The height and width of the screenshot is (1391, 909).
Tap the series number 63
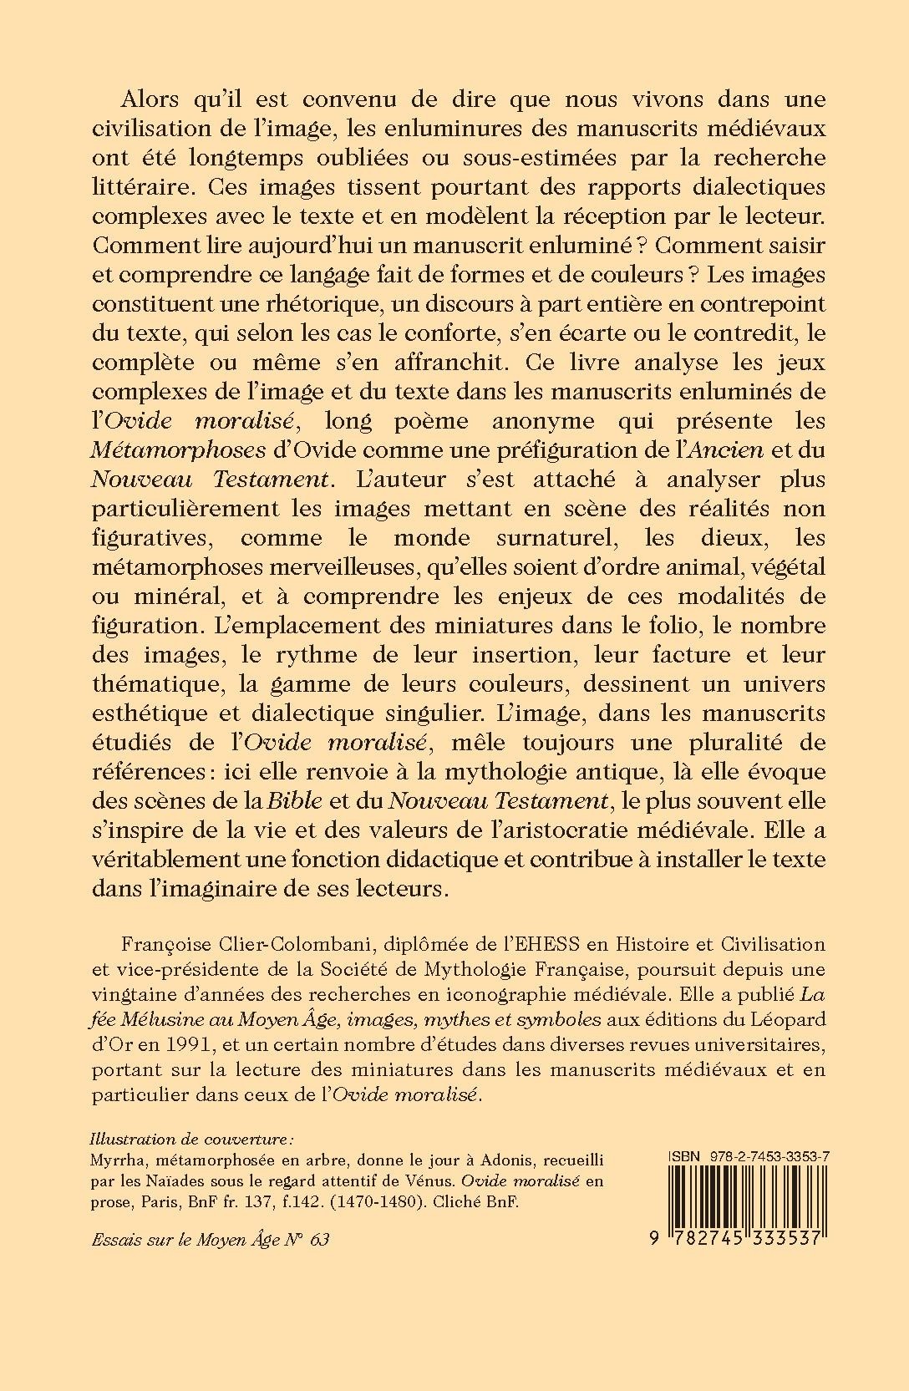coord(318,1239)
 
